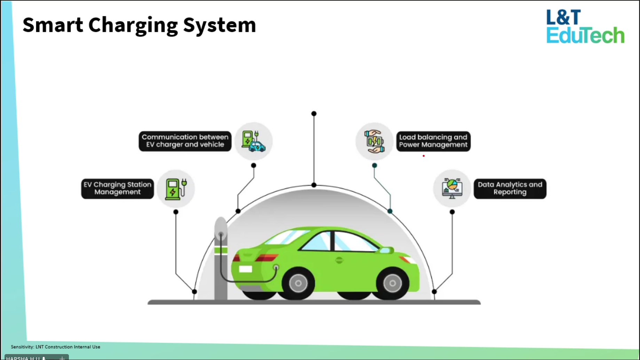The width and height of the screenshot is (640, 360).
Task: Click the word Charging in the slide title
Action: pos(133,25)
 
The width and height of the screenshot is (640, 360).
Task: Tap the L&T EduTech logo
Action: pos(585,26)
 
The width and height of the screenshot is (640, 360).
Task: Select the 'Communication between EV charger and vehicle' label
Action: pos(185,141)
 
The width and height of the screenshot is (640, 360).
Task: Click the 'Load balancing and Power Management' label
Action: pos(433,141)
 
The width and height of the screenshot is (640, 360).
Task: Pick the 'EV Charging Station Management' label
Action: pos(117,189)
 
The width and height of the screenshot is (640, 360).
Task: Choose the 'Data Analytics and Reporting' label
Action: pos(510,189)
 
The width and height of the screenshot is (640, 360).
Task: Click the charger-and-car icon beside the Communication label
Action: pos(253,141)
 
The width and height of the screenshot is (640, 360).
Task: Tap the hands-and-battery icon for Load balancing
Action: pos(374,141)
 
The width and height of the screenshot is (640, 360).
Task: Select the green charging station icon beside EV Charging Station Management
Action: pos(176,189)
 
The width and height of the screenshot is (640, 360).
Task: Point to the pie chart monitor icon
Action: pos(452,189)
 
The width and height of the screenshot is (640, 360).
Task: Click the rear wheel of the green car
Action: pos(298,283)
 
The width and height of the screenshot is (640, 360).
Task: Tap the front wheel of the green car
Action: pos(392,283)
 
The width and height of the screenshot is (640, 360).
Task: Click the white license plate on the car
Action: pos(245,269)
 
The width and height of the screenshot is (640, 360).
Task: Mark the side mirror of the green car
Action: pos(386,250)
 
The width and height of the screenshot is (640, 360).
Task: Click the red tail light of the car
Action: pos(266,258)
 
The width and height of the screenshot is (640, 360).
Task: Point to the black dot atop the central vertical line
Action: pos(314,114)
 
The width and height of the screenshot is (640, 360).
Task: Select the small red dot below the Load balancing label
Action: pos(424,156)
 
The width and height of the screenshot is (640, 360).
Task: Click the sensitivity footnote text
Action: pos(56,347)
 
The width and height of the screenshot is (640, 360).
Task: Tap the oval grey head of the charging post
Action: pos(221,228)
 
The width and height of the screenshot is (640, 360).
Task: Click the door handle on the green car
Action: pos(339,260)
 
